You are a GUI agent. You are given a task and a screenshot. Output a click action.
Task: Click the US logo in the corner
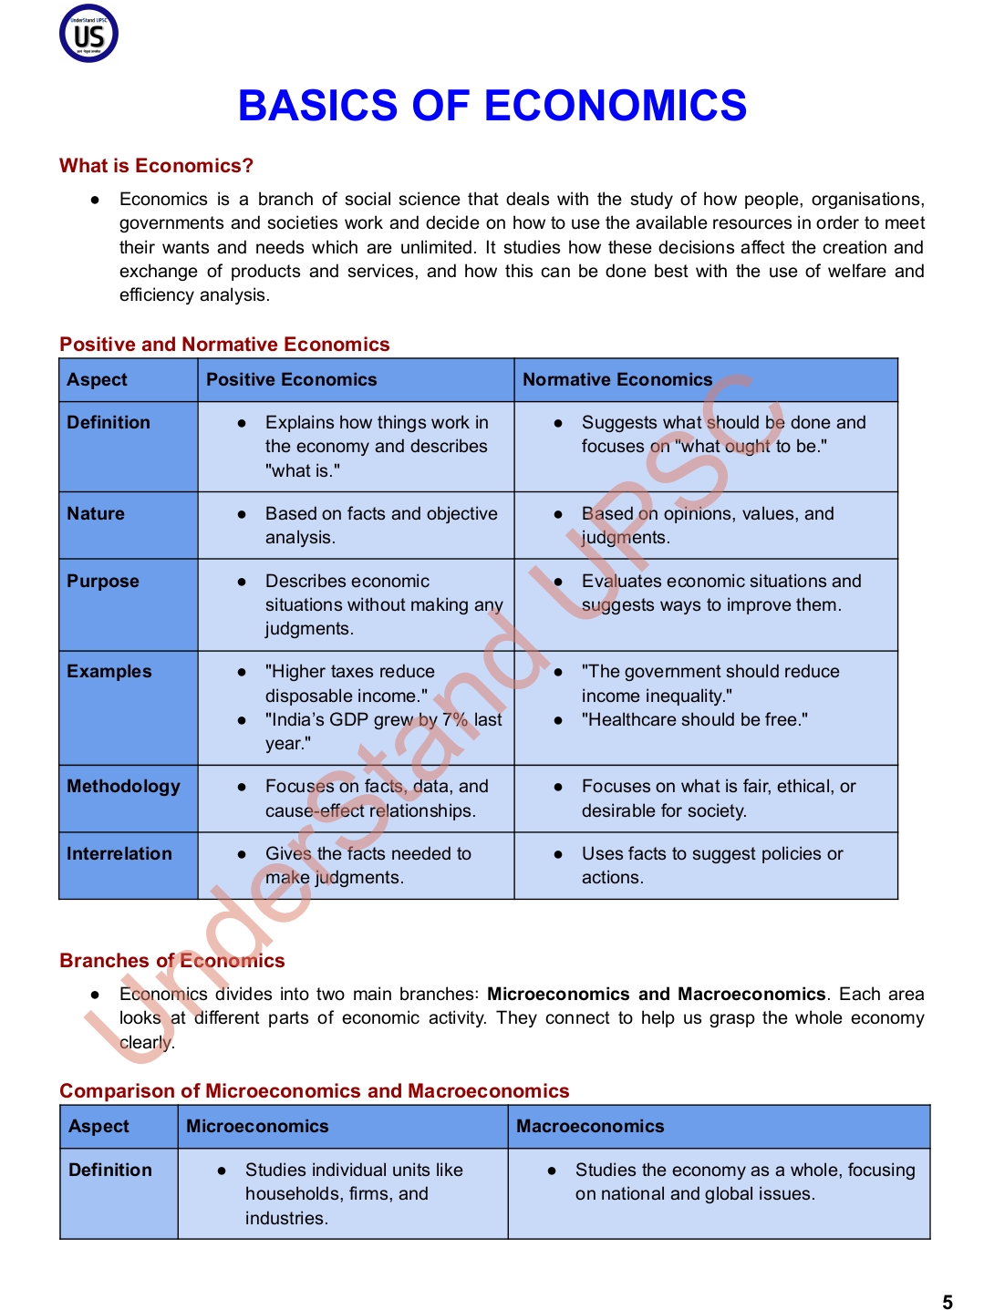[x=88, y=34]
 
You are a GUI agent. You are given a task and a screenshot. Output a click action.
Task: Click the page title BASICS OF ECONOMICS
[x=492, y=106]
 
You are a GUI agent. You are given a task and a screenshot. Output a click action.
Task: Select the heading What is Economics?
[x=156, y=166]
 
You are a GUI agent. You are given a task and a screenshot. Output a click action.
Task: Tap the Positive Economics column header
[x=291, y=380]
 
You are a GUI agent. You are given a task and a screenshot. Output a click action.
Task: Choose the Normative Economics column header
[x=616, y=380]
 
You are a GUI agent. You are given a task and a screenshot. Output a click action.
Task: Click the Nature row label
[x=96, y=514]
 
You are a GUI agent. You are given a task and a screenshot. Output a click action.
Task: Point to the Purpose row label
[x=103, y=582]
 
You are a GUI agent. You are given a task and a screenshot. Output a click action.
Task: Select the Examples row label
[x=109, y=672]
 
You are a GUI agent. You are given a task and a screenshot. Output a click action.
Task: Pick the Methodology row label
[x=123, y=787]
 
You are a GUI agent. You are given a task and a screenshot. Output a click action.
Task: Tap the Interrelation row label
[x=119, y=854]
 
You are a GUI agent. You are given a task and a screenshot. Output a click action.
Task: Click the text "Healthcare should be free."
[x=695, y=720]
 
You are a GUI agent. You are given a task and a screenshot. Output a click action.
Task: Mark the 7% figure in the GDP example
[x=455, y=720]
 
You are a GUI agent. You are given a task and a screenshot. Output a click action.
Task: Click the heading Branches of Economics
[x=172, y=961]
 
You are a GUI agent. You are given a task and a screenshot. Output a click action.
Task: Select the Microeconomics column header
[x=257, y=1127]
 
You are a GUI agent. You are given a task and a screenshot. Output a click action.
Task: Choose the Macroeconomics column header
[x=590, y=1127]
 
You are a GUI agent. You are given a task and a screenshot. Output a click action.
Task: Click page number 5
[x=948, y=1302]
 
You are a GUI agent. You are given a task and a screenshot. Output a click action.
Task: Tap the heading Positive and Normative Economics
[x=224, y=345]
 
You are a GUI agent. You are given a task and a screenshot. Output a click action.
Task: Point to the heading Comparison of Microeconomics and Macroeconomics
[x=315, y=1091]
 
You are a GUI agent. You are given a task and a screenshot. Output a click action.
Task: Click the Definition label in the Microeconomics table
[x=110, y=1171]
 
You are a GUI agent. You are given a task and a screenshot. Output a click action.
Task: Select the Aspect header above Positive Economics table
[x=98, y=380]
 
